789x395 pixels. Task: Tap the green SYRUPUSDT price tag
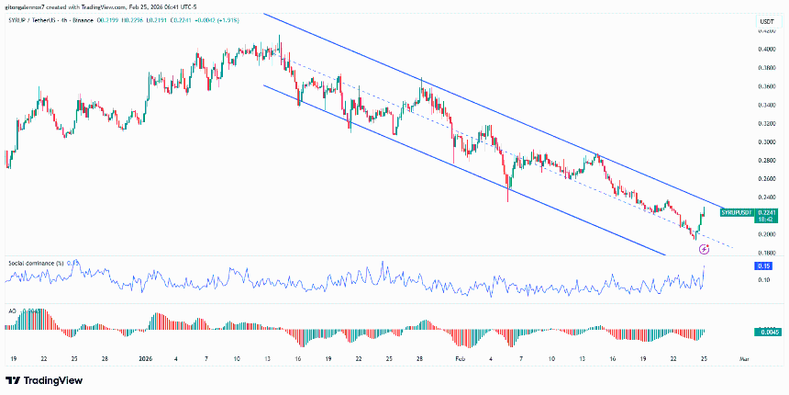[738, 212]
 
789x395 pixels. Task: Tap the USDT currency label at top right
[766, 21]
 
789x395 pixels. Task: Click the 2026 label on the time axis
[146, 358]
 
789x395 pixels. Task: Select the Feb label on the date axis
[461, 358]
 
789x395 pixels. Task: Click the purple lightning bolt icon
[704, 248]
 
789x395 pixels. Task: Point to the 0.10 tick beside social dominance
[764, 279]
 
